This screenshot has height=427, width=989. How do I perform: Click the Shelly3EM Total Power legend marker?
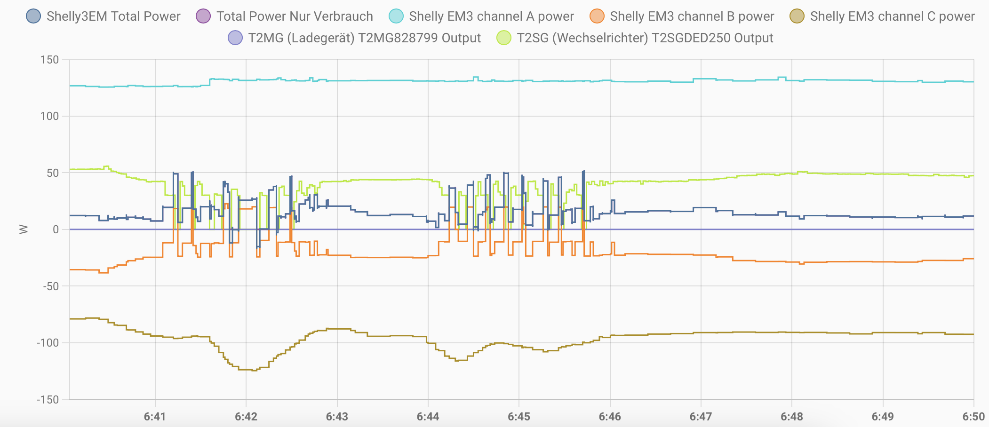(x=33, y=16)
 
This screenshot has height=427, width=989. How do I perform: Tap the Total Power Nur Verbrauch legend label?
(x=295, y=16)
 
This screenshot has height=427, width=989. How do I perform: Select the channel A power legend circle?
(x=396, y=16)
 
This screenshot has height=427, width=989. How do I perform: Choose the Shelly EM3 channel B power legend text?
(x=692, y=16)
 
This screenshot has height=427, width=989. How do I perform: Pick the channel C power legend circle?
(x=797, y=16)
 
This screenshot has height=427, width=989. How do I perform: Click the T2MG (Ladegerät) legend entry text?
(x=364, y=38)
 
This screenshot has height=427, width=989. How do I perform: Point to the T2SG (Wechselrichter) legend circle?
(x=504, y=38)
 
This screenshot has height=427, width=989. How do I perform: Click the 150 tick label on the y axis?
(x=50, y=60)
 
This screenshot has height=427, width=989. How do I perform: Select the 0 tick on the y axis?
(x=56, y=229)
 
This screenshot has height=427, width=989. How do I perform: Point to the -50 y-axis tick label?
(x=51, y=286)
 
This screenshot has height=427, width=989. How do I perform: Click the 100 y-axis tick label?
(x=50, y=116)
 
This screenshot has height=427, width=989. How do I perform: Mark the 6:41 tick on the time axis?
(x=155, y=417)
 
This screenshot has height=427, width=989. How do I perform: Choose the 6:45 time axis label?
(x=519, y=417)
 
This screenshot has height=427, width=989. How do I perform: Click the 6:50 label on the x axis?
(x=973, y=417)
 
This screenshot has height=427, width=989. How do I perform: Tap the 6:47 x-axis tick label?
(x=701, y=417)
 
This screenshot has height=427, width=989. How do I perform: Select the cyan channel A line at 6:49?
(x=883, y=81)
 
